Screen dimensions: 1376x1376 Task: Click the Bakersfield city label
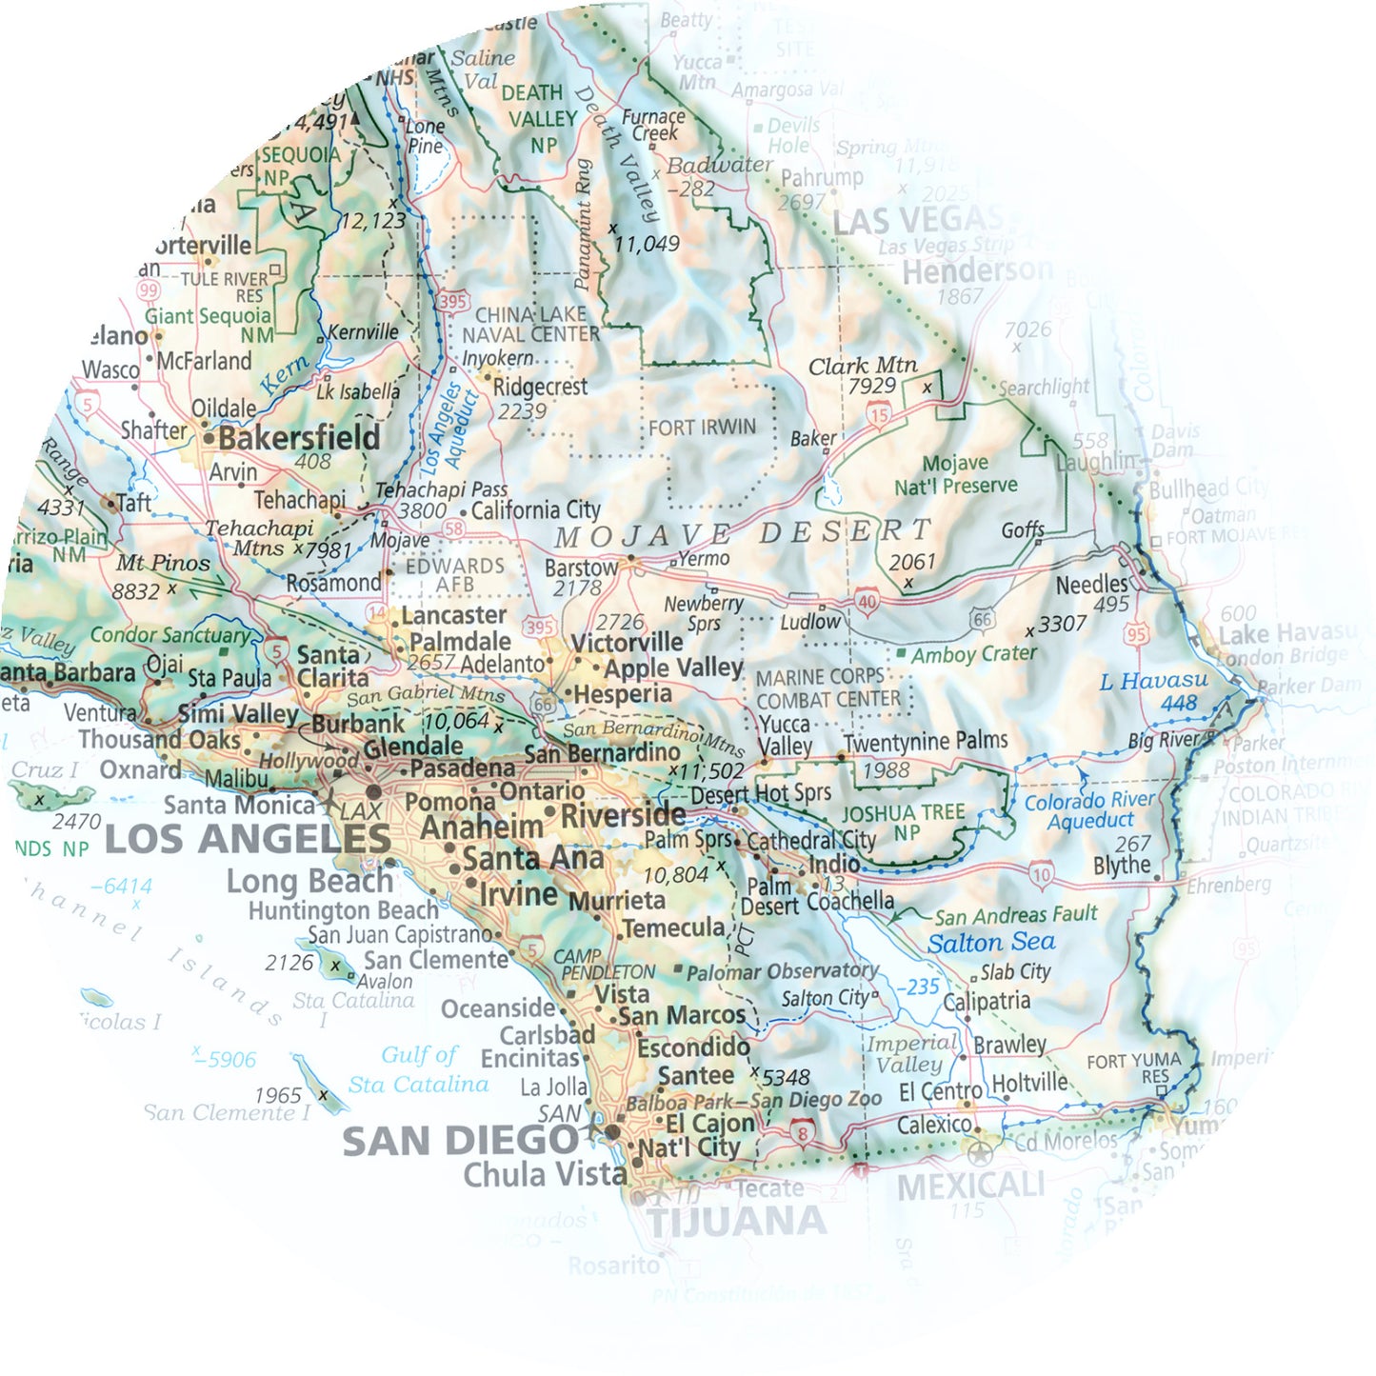click(x=299, y=438)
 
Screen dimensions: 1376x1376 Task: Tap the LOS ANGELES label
click(x=247, y=840)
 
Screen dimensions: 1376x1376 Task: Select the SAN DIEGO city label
click(x=459, y=1141)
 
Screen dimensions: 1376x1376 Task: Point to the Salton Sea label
click(x=991, y=943)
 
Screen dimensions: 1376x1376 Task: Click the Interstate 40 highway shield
click(x=866, y=601)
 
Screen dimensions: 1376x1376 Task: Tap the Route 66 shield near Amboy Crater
click(x=982, y=620)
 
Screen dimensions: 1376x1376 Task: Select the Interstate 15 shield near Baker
click(x=878, y=414)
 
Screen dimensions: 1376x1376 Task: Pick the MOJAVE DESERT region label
click(x=743, y=534)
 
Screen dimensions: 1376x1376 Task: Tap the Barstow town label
click(x=581, y=568)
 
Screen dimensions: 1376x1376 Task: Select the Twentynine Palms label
click(x=926, y=741)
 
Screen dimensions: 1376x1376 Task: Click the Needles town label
click(x=1091, y=584)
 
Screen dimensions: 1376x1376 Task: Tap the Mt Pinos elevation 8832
click(x=136, y=591)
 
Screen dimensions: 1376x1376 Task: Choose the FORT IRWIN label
click(x=702, y=428)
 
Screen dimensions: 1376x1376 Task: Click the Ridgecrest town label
click(x=540, y=387)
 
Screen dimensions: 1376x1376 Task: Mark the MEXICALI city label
click(x=970, y=1187)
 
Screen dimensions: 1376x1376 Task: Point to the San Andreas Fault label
click(x=1015, y=915)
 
